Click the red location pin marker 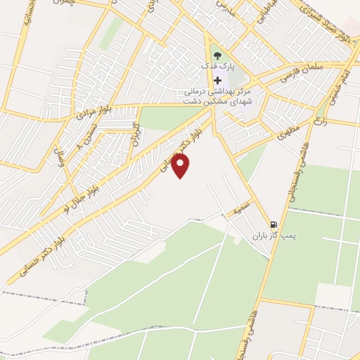[181, 166]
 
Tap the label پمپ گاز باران [270, 238]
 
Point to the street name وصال [60, 148]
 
